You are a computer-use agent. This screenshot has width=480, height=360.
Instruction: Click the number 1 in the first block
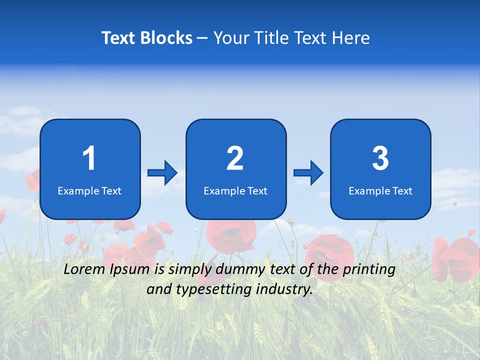point(89,158)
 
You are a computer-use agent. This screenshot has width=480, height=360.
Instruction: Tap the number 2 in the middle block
point(235,158)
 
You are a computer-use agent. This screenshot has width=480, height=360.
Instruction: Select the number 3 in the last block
point(380,158)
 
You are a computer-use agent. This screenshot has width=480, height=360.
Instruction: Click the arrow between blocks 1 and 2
point(162,173)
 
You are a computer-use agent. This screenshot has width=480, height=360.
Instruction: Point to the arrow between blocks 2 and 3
point(308,173)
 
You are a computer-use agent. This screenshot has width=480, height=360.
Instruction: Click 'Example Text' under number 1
point(89,190)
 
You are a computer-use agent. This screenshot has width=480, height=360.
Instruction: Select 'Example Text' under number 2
point(235,190)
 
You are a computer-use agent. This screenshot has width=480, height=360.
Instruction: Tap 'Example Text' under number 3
point(380,190)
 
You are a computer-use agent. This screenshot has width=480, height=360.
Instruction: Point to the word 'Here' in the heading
point(351,38)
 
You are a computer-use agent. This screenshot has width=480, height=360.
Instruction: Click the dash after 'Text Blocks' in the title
point(202,38)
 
